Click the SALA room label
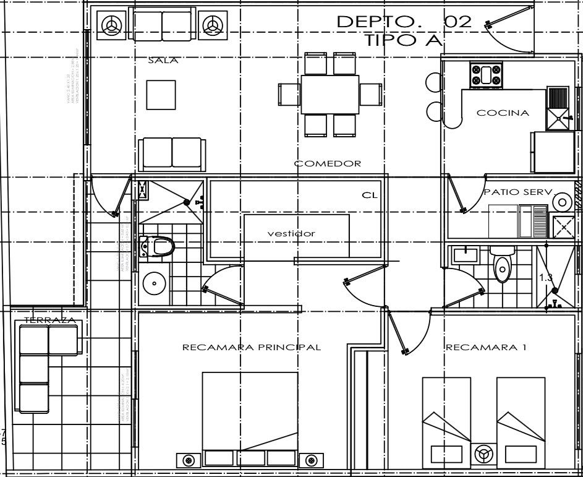(x=163, y=61)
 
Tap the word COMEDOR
(x=328, y=163)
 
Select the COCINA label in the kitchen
(x=503, y=113)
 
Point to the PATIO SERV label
(x=517, y=192)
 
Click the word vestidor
(x=291, y=233)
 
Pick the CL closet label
(x=369, y=196)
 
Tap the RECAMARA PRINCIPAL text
(x=252, y=347)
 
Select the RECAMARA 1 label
(x=486, y=347)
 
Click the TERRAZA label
(x=49, y=320)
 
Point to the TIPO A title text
(x=404, y=41)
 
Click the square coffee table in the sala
(x=161, y=95)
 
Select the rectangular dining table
(x=330, y=95)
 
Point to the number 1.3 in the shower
(x=546, y=278)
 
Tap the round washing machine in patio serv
(x=563, y=202)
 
